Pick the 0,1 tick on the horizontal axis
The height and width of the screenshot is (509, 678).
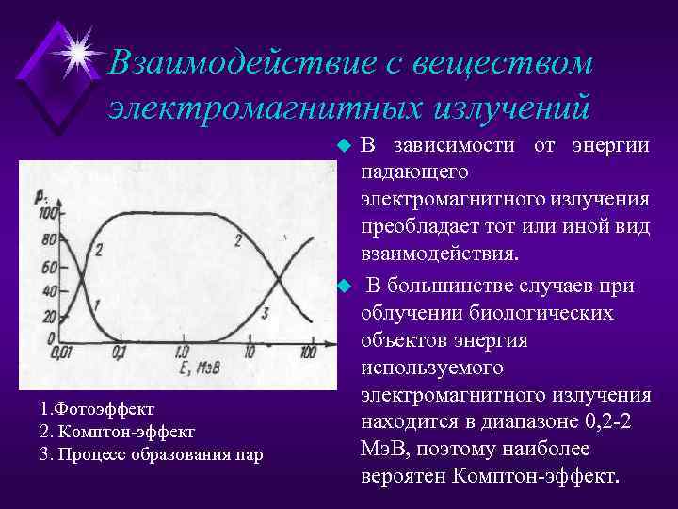(x=120, y=352)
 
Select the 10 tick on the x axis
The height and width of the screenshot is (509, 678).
(x=249, y=352)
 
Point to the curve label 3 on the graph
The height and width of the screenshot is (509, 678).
(x=266, y=313)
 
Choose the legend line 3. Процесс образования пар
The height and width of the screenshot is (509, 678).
(x=152, y=454)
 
